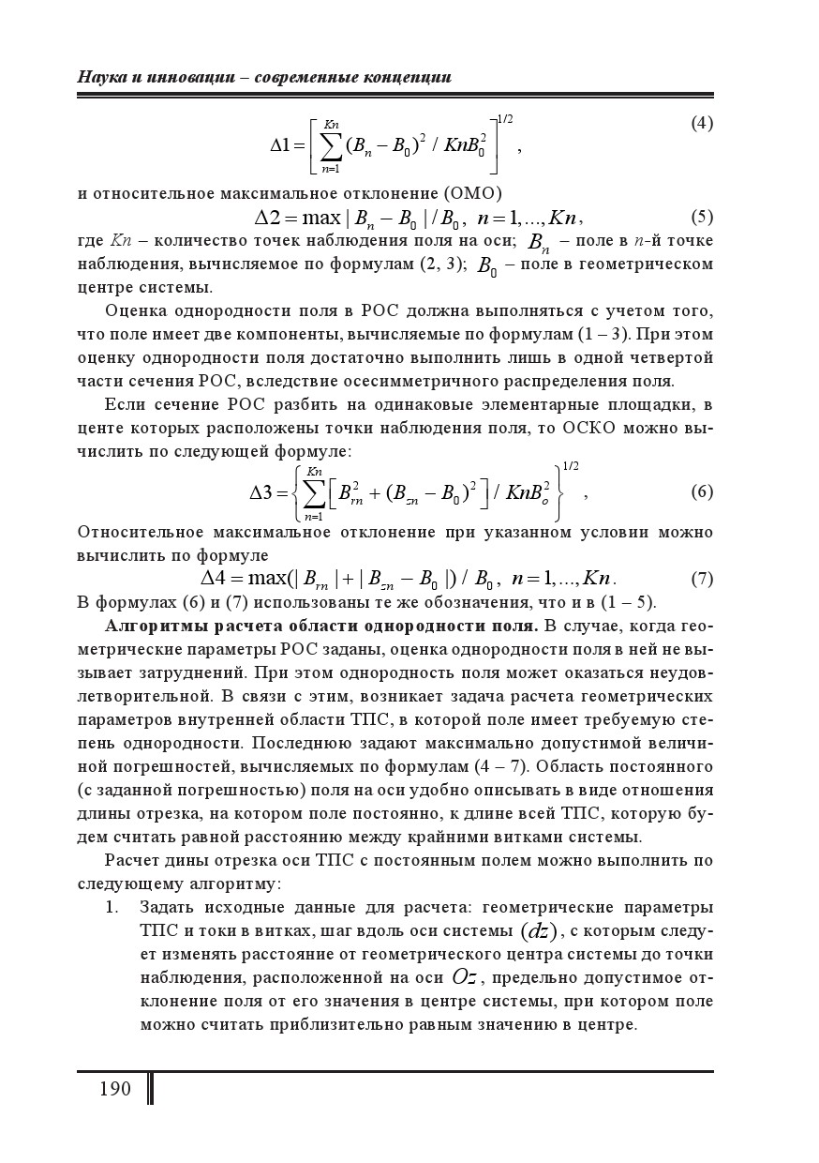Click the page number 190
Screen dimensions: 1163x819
click(x=114, y=1089)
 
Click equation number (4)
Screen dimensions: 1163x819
click(x=702, y=123)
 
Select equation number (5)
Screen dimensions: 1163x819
click(x=702, y=218)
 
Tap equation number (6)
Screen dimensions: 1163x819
click(x=702, y=491)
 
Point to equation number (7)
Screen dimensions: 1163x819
click(x=702, y=578)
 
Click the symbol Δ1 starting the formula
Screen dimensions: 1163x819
click(x=282, y=145)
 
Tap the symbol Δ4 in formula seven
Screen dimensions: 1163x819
click(x=216, y=578)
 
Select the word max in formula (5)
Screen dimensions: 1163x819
click(x=321, y=219)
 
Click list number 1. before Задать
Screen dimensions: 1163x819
click(x=112, y=907)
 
